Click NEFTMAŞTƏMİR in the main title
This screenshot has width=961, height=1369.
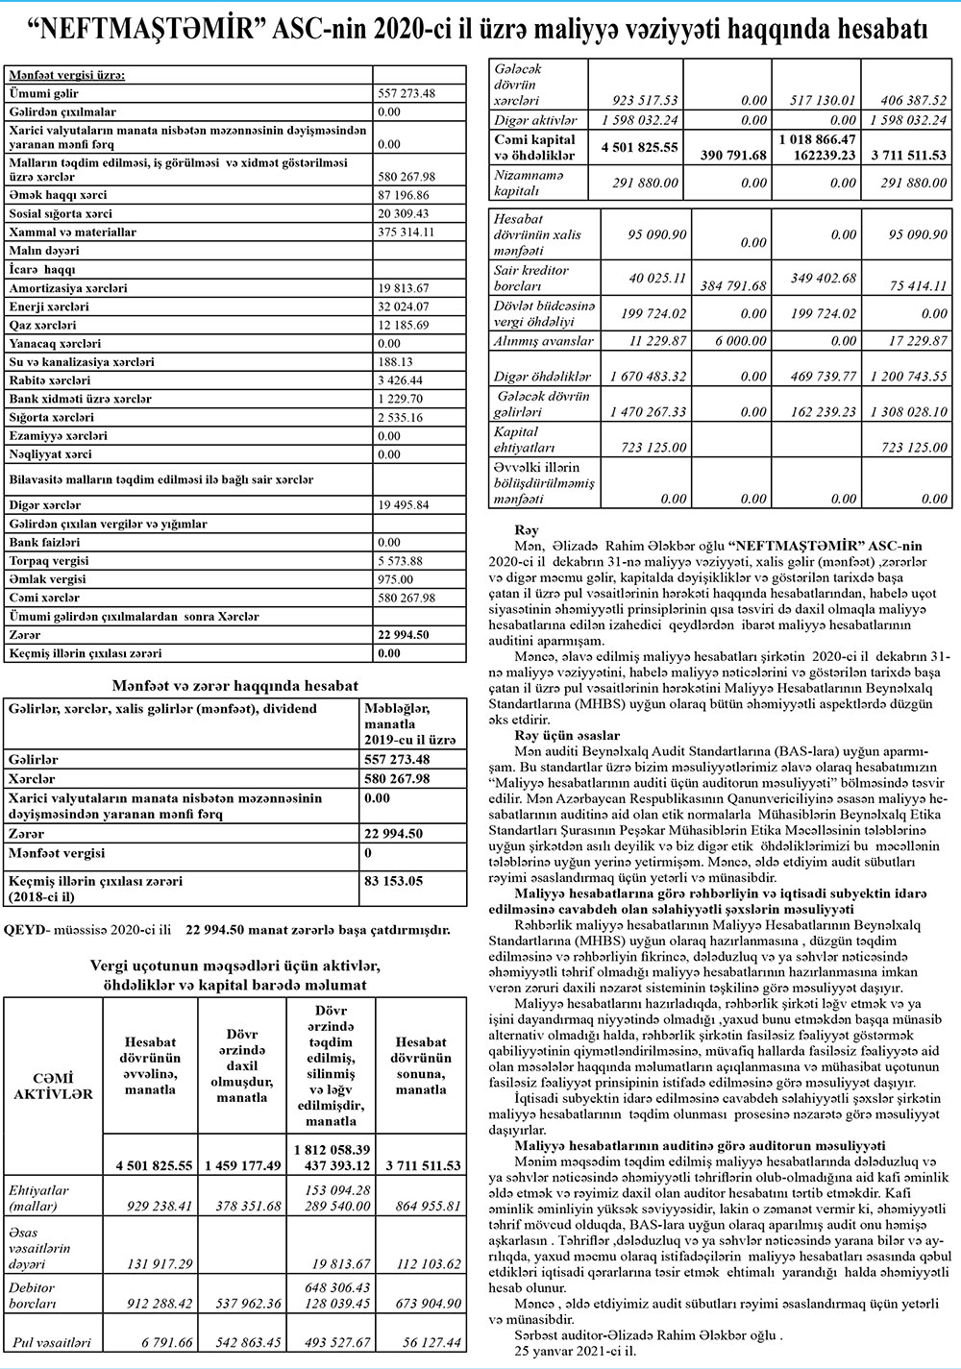[155, 31]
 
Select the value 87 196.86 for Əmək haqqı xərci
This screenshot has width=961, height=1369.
[404, 195]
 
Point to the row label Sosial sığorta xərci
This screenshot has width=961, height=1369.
[60, 213]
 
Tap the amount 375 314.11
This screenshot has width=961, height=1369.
[407, 232]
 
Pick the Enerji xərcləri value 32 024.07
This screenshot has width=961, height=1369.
[404, 306]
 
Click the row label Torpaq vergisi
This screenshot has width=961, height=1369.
[49, 561]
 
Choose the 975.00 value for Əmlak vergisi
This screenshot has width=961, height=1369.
[396, 579]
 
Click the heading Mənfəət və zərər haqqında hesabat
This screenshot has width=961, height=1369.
[235, 686]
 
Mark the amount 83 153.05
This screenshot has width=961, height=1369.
[394, 880]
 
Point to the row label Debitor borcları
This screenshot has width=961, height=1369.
[34, 1295]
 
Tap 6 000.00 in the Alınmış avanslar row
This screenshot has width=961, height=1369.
[741, 341]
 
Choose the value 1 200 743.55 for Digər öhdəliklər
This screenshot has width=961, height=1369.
[908, 377]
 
